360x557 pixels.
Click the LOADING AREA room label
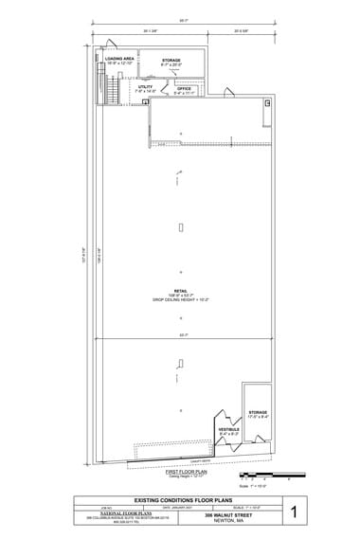click(120, 59)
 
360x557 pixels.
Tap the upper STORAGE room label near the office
click(171, 61)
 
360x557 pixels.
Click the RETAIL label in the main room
click(180, 291)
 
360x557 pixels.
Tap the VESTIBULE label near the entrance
click(227, 429)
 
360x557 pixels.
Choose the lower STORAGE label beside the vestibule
click(258, 413)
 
